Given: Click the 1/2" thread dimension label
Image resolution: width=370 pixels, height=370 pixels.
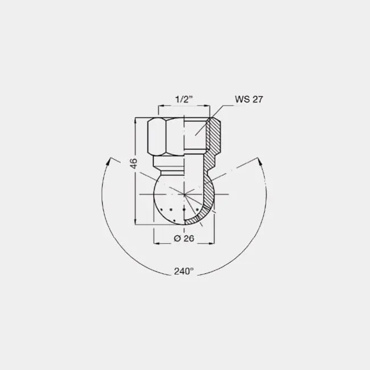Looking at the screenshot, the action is tap(184, 100).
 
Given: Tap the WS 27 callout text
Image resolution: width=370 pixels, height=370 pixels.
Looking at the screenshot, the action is tap(249, 100).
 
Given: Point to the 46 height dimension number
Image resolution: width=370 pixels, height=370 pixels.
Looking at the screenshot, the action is tap(134, 163).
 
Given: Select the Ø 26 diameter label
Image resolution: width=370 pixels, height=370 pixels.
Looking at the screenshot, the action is tap(184, 239).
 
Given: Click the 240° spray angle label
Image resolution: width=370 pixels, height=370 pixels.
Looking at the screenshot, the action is tap(184, 271).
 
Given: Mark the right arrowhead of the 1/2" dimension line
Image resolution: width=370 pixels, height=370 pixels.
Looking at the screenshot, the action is tap(207, 106).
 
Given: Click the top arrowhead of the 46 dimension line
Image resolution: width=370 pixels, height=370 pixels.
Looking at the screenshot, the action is tap(135, 121).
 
